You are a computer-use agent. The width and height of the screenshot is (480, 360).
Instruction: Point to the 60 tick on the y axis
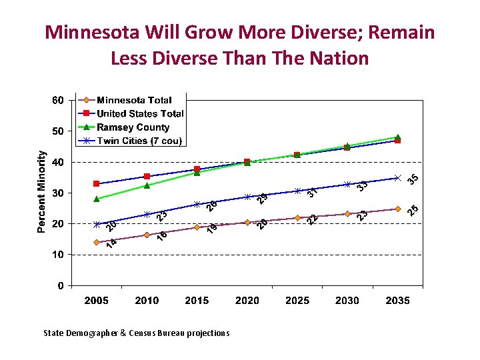pos(59,101)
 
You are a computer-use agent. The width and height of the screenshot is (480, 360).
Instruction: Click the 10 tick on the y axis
pos(59,255)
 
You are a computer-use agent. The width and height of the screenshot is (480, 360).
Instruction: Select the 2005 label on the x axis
pos(97,301)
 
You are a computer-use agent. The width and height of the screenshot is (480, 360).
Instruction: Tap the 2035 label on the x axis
pos(397,301)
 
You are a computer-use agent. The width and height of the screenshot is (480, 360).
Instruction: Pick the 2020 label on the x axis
pos(247,301)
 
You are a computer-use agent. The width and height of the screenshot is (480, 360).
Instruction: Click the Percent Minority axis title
pos(42,191)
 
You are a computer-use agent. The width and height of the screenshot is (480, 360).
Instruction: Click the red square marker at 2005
pos(97,183)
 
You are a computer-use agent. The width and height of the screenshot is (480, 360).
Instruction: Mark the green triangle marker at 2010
pos(147,185)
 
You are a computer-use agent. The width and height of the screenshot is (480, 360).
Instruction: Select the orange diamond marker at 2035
pos(397,209)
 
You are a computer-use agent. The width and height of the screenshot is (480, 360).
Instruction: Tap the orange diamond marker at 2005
pos(97,243)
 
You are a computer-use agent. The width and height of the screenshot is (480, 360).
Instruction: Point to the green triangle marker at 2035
pos(398,137)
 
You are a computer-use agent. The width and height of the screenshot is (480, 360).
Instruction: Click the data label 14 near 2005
pos(112,243)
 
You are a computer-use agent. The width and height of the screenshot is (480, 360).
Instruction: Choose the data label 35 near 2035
pos(413,179)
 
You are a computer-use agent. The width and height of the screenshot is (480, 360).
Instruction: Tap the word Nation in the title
pos(337,58)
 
